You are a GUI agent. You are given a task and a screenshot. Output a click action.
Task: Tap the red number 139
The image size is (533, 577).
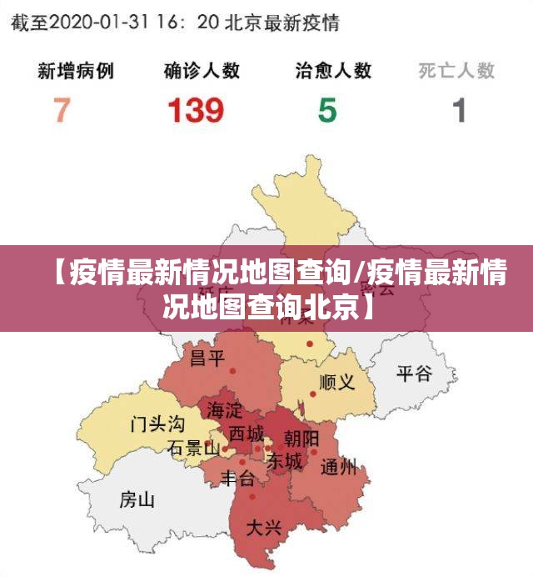pos(196,110)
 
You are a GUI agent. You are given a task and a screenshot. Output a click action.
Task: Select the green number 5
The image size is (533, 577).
pos(327,110)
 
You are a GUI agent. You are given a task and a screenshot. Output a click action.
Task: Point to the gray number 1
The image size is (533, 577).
pos(459,110)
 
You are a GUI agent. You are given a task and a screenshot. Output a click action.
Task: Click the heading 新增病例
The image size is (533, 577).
pos(76,70)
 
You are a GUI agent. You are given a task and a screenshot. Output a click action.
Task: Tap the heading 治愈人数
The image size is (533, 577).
pos(333,70)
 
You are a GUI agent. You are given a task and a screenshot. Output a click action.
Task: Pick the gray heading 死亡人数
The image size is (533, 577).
pos(456,70)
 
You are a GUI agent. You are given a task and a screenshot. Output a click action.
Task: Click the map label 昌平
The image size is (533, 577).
pos(207,359)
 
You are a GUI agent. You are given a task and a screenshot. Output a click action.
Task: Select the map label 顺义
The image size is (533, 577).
pos(337,383)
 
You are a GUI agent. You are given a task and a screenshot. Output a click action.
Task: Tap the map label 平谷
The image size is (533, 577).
pos(414,373)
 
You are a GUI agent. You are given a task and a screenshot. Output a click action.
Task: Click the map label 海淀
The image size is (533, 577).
pos(224,410)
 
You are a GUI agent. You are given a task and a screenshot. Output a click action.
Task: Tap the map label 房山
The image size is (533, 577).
pos(137,499)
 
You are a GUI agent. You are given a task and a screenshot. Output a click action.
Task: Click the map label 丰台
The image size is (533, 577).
pos(237,479)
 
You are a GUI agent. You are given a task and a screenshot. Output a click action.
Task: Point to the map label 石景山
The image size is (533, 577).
pos(193,449)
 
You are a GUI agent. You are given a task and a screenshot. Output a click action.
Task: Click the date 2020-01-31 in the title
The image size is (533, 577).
pos(105,23)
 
